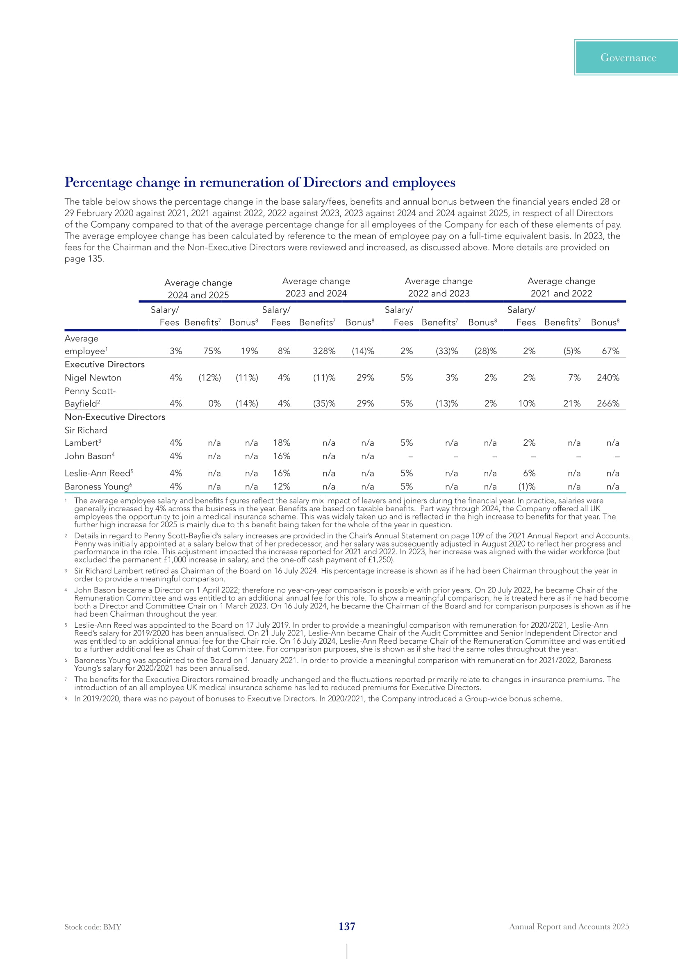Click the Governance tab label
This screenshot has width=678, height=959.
[x=628, y=58]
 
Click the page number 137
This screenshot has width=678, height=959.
[x=346, y=927]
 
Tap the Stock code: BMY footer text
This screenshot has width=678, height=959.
[x=93, y=927]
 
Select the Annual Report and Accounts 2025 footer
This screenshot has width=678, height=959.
[x=569, y=927]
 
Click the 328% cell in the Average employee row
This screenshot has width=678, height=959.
[x=324, y=351]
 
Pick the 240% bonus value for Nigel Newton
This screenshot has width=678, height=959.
[x=608, y=378]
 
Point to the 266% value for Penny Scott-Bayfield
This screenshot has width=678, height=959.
[x=608, y=404]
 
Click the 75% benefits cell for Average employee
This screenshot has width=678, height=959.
[x=212, y=351]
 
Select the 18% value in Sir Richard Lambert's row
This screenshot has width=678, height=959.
[x=281, y=443]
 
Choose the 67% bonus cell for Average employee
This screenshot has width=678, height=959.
[x=610, y=351]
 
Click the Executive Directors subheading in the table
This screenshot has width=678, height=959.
[x=105, y=364]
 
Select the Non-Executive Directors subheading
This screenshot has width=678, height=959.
[x=115, y=417]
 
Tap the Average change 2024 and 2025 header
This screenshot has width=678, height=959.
[x=198, y=289]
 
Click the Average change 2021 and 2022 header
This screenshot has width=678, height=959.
[x=561, y=287]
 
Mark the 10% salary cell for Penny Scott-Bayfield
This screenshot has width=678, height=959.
[x=527, y=404]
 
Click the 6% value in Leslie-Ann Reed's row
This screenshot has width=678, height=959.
[x=529, y=474]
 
